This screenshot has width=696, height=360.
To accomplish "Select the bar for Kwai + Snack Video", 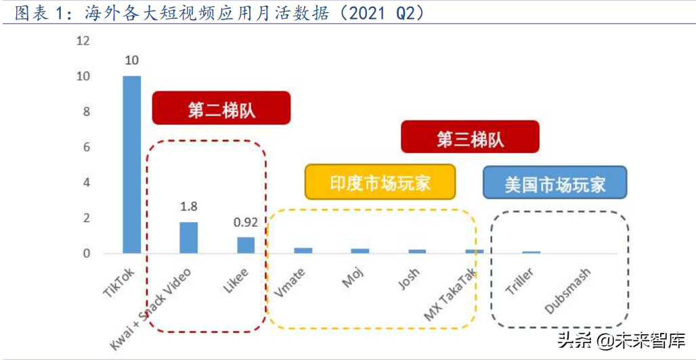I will (x=188, y=238).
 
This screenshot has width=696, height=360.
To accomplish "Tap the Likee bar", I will (x=246, y=245).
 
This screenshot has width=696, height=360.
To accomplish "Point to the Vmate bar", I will (x=303, y=250).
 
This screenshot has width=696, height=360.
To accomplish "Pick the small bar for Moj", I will (x=360, y=251).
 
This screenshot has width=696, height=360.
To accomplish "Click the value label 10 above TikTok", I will (x=131, y=61).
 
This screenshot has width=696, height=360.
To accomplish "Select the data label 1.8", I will (x=188, y=206).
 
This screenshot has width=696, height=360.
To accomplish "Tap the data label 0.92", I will (x=246, y=222).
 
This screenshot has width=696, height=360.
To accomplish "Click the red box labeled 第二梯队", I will (x=221, y=108).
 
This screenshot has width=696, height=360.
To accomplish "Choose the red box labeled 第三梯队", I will (x=470, y=137).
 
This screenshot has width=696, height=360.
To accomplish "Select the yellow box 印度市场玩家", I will (x=380, y=182).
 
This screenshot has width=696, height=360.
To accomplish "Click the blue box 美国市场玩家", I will (x=554, y=183).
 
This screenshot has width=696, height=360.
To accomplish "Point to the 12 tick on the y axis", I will (x=83, y=41).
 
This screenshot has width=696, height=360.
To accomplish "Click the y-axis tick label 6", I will (x=87, y=148).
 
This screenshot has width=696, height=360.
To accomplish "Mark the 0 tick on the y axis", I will (x=87, y=254).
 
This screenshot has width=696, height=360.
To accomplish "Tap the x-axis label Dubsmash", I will (x=568, y=291).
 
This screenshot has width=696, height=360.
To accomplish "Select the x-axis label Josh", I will (x=408, y=279).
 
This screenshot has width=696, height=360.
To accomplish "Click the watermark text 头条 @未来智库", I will (x=621, y=338).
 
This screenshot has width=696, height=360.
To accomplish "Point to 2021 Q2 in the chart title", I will (x=379, y=14).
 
